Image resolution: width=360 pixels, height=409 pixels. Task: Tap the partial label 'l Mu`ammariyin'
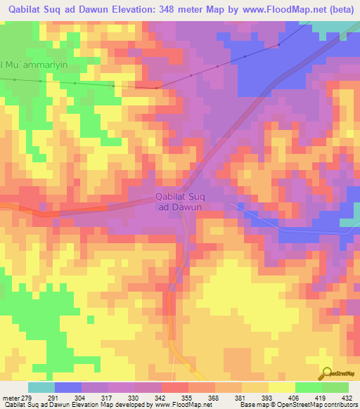(34, 65)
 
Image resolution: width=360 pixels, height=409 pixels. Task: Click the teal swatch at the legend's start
(41, 387)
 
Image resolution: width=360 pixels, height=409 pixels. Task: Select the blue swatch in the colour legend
(68, 387)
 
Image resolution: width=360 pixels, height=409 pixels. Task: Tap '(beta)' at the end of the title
(339, 8)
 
